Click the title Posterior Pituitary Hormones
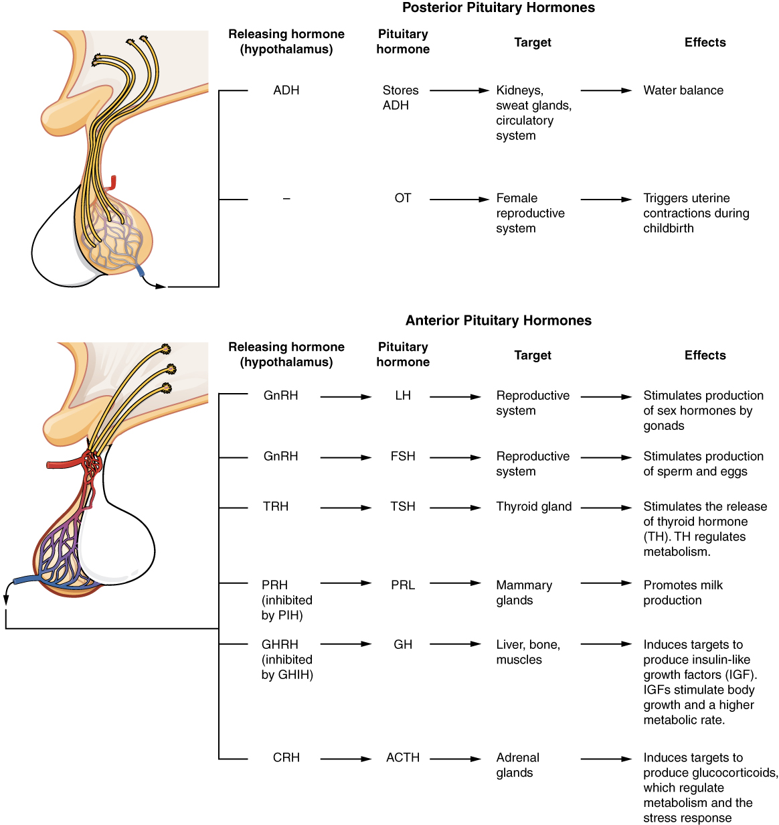498,8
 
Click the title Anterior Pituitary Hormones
498,321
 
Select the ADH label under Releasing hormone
286,90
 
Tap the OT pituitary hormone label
402,198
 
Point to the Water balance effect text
683,90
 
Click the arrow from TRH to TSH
345,508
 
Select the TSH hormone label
402,507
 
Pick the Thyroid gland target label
533,507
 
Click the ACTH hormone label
402,758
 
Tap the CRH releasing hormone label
286,758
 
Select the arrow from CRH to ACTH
345,759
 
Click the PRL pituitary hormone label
402,585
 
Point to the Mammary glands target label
523,593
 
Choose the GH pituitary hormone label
402,645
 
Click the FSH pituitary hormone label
402,457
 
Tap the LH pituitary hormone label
402,396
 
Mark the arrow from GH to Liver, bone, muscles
455,644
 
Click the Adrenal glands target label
517,765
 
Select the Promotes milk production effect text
683,593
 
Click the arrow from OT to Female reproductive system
459,200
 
